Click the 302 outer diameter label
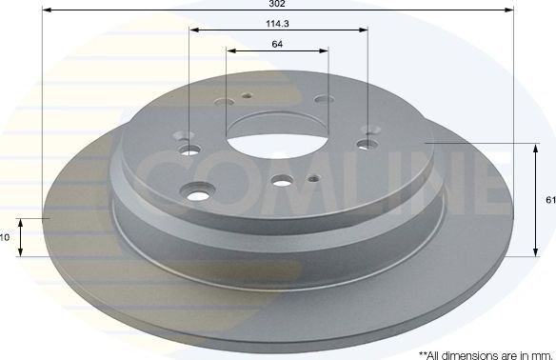pos(277,5)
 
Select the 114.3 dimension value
pos(277,23)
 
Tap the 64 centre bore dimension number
pos(277,45)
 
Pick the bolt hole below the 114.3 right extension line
pos(367,144)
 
